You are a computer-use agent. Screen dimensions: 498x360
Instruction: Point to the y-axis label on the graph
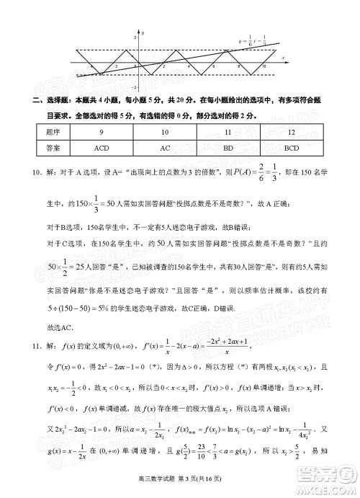144,34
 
